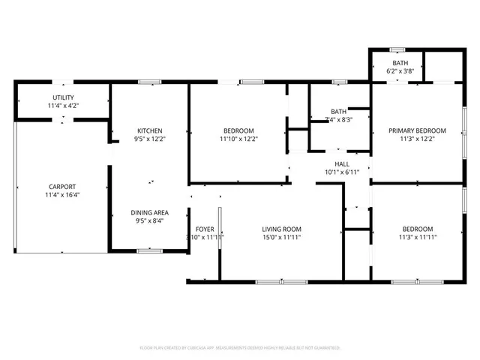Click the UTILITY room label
click(x=63, y=98)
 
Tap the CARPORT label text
click(x=62, y=187)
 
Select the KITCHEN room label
click(x=149, y=131)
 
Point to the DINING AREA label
click(x=149, y=212)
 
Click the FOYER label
click(x=205, y=229)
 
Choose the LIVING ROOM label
click(x=281, y=229)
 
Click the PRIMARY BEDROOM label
click(x=417, y=131)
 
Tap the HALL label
click(x=342, y=163)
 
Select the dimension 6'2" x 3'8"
click(x=400, y=71)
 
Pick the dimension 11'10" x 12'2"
click(x=237, y=139)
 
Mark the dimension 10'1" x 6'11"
click(x=342, y=172)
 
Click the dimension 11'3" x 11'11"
click(x=417, y=237)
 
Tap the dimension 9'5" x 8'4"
click(x=149, y=220)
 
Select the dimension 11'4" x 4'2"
click(x=63, y=106)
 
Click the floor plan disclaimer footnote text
click(x=240, y=348)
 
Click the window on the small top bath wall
click(x=397, y=50)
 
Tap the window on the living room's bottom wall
click(x=271, y=282)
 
